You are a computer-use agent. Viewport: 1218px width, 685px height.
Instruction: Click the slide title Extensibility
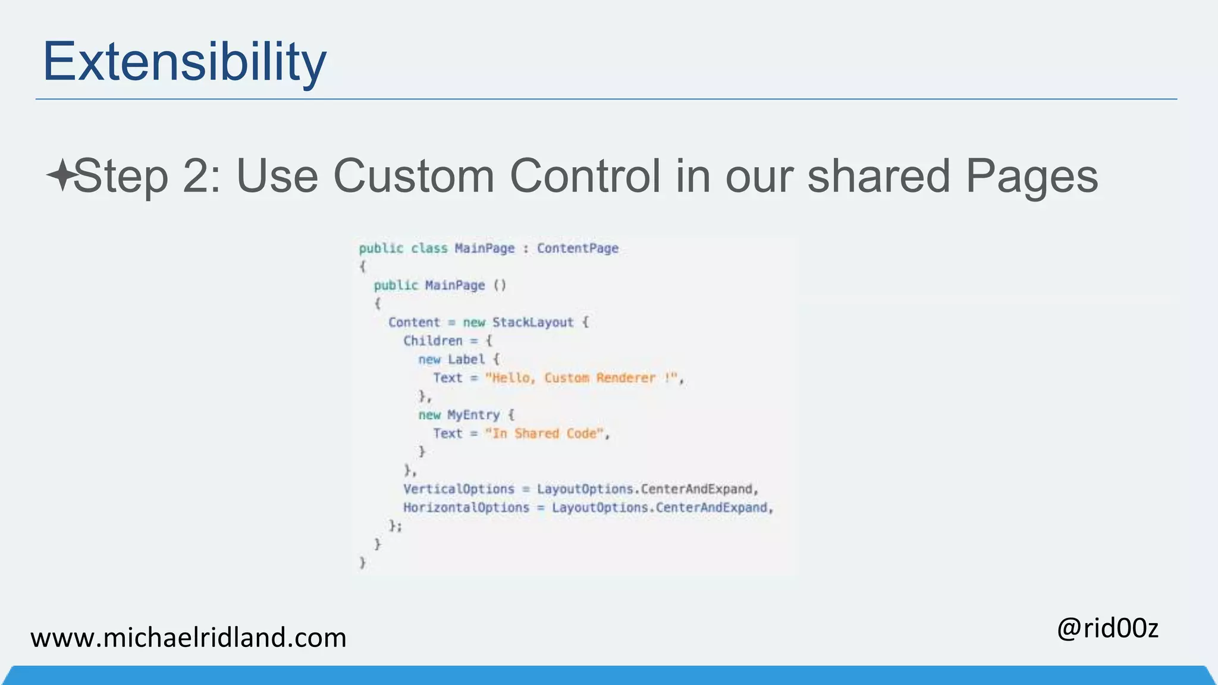tap(184, 62)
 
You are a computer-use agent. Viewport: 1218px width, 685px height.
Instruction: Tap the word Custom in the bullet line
tap(413, 176)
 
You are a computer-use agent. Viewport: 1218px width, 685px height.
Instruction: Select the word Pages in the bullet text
tap(1031, 177)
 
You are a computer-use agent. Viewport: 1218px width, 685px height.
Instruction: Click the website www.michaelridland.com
tap(188, 637)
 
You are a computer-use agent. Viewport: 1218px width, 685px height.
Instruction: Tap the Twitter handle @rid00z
tap(1107, 628)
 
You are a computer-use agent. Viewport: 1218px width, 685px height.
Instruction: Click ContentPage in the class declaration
tap(577, 249)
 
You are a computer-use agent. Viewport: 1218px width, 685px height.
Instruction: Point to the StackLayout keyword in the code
tap(532, 322)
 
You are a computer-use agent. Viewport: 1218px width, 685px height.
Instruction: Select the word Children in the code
tap(432, 341)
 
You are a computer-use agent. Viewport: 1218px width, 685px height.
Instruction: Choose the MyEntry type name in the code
tap(473, 415)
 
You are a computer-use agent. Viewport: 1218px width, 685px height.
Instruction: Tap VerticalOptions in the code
tap(459, 489)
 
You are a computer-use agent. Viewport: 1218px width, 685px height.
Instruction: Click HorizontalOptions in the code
tap(466, 508)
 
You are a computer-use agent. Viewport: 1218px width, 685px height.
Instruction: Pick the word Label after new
tap(466, 359)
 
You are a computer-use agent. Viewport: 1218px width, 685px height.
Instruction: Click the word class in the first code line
tap(429, 249)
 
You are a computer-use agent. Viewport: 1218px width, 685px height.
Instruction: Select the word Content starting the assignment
tap(414, 322)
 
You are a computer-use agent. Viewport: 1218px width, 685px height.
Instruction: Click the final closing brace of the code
tap(363, 563)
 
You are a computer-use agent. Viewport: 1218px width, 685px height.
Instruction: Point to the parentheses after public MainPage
tap(500, 285)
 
